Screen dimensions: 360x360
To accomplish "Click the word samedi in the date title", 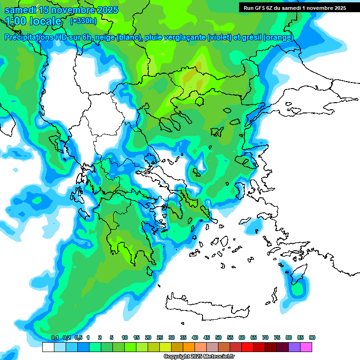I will (x=21, y=10).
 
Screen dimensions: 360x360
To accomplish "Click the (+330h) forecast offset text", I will (x=83, y=21).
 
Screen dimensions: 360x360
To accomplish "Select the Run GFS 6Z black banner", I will (x=294, y=7).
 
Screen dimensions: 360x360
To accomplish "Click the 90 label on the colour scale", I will (x=312, y=337).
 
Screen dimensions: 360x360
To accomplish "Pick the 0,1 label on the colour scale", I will (x=54, y=337).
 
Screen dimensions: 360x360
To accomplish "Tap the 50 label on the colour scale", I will (x=218, y=337).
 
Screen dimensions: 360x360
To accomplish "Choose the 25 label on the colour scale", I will (x=160, y=337).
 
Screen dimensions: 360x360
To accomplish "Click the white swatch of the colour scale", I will (x=48, y=347).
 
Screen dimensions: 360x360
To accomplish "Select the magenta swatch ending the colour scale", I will (x=306, y=347).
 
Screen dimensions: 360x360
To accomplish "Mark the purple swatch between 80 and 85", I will (x=294, y=347).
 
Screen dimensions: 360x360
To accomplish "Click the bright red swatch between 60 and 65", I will (x=247, y=347).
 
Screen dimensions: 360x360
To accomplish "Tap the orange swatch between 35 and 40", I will (x=189, y=347).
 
